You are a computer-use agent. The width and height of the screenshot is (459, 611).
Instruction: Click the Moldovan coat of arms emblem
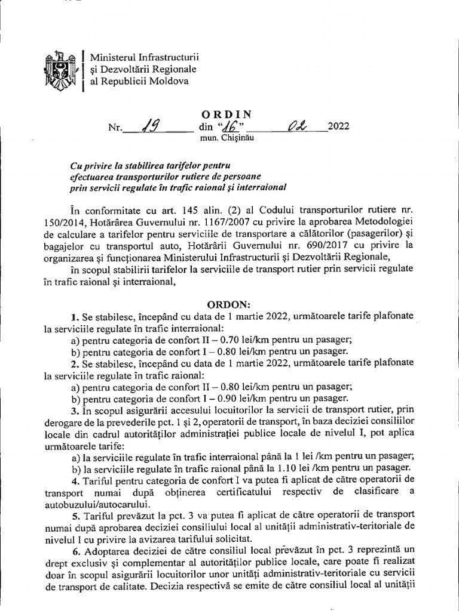(59, 69)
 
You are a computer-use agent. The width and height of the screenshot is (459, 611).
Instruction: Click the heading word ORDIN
(227, 113)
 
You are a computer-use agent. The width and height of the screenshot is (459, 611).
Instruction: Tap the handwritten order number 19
(148, 126)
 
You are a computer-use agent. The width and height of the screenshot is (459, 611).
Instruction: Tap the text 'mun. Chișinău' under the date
(227, 138)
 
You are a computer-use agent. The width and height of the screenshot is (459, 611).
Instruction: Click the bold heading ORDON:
(229, 303)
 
